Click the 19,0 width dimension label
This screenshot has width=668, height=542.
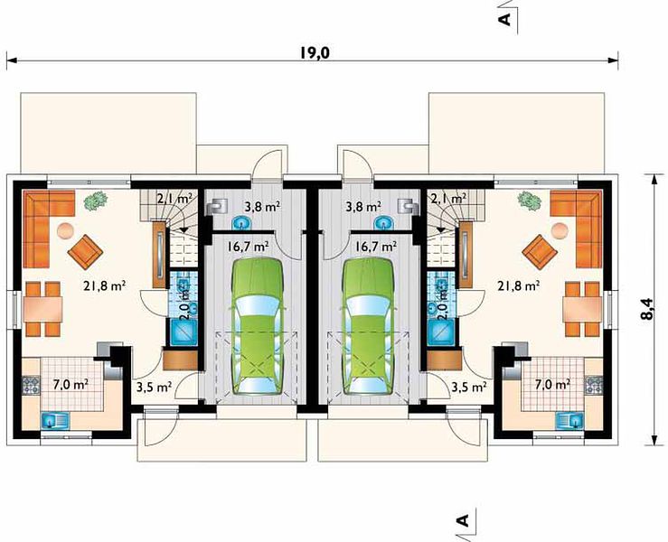pyautogui.click(x=315, y=52)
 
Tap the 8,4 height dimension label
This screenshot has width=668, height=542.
pyautogui.click(x=647, y=308)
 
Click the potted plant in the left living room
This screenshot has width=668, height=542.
pyautogui.click(x=96, y=201)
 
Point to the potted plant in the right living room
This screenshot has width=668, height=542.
pyautogui.click(x=530, y=201)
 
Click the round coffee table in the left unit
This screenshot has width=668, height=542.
pyautogui.click(x=66, y=231)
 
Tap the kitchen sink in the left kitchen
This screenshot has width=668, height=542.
pyautogui.click(x=55, y=421)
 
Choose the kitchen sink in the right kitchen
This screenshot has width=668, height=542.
pyautogui.click(x=570, y=421)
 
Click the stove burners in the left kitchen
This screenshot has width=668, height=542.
pyautogui.click(x=31, y=385)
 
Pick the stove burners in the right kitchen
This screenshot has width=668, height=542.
pyautogui.click(x=595, y=385)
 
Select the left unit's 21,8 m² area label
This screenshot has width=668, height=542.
pyautogui.click(x=104, y=286)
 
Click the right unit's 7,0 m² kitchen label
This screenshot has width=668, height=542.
pyautogui.click(x=552, y=385)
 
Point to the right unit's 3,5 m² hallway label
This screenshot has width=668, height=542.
pyautogui.click(x=469, y=387)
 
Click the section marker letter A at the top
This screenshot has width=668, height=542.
pyautogui.click(x=506, y=19)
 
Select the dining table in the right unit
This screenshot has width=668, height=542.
pyautogui.click(x=582, y=309)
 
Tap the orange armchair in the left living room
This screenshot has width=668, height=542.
pyautogui.click(x=85, y=252)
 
